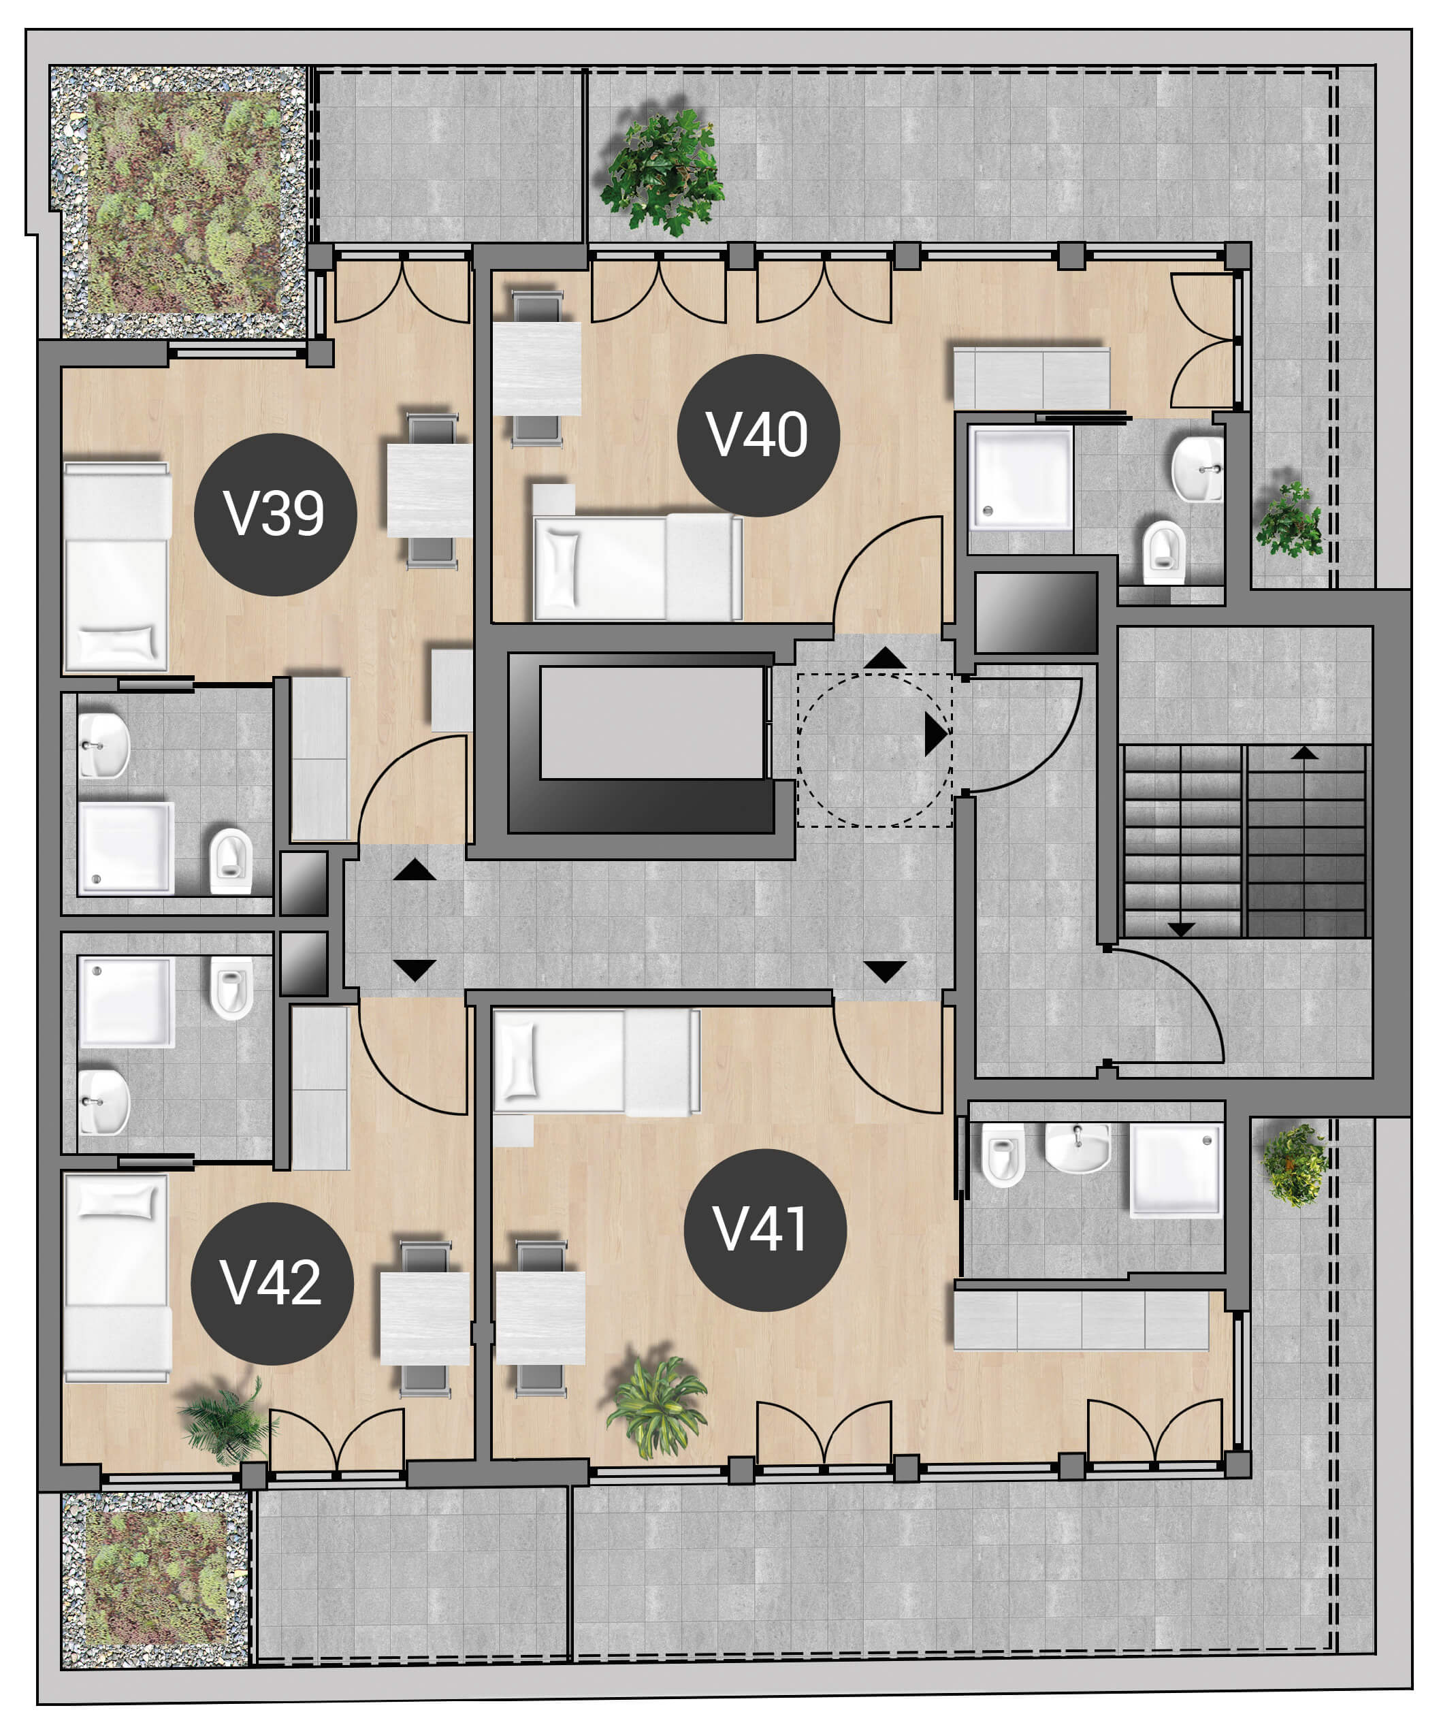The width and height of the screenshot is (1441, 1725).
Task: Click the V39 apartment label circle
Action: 275,514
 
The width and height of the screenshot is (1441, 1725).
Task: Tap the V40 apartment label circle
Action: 758,436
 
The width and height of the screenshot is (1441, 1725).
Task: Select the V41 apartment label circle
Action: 765,1229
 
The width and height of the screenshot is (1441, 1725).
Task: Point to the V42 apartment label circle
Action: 272,1284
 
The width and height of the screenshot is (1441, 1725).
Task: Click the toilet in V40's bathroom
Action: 1164,552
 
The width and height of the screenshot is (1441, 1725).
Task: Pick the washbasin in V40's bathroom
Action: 1197,469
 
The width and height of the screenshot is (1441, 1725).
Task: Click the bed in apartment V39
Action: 116,567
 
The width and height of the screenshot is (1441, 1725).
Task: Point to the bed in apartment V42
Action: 116,1278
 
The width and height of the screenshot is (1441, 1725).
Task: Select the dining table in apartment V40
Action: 536,368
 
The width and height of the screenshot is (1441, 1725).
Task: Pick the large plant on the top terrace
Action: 662,172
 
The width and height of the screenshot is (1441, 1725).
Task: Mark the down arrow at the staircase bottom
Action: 1182,930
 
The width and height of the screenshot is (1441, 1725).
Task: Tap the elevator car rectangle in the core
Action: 652,722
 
